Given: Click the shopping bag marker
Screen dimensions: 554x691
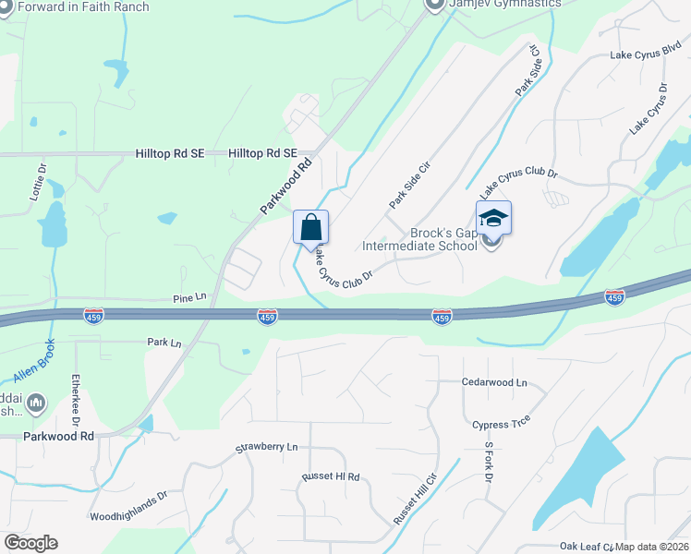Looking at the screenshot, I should (x=311, y=227).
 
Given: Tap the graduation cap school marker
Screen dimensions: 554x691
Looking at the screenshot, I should (x=493, y=218).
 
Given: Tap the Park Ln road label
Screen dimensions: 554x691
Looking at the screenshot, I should (x=164, y=342).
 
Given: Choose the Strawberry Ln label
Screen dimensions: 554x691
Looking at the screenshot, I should (x=267, y=447).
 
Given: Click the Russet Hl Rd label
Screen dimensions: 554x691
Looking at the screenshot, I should (x=330, y=477).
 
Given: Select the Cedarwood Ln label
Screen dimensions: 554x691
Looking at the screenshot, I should (x=494, y=382).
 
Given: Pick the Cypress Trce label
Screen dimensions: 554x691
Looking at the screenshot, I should (x=503, y=425).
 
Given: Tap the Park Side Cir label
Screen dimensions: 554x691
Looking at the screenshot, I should (x=411, y=184).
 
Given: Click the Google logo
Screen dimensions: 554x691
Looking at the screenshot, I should (x=30, y=543).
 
